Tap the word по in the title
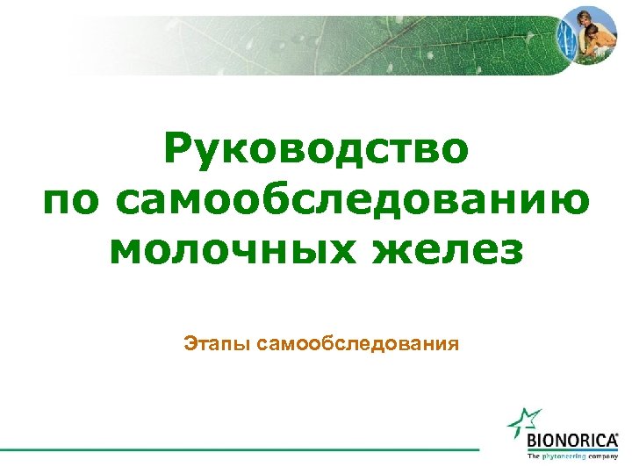tap(72, 201)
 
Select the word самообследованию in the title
tap(352, 201)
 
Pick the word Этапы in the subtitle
tap(219, 342)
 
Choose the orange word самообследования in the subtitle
tap(359, 342)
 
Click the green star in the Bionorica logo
tap(524, 423)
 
